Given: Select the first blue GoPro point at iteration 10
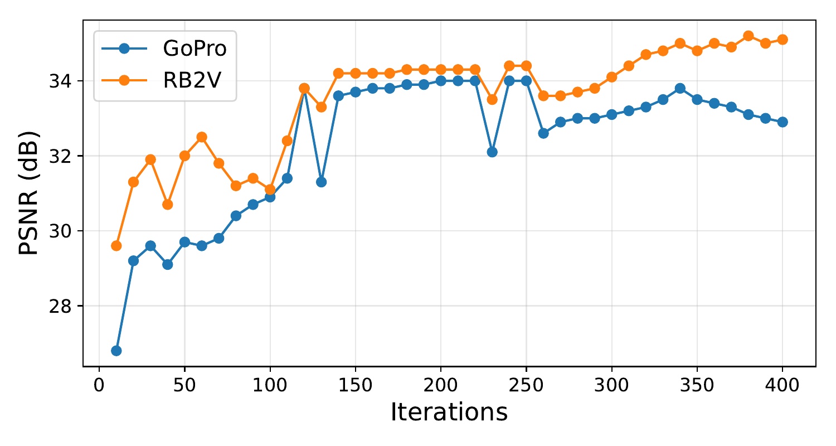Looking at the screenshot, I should pyautogui.click(x=116, y=351).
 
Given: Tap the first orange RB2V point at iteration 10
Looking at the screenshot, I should pyautogui.click(x=116, y=245).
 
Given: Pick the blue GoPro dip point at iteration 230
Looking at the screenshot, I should pyautogui.click(x=492, y=152).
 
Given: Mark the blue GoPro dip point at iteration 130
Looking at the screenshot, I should pyautogui.click(x=321, y=182).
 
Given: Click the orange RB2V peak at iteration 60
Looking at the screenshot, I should pyautogui.click(x=202, y=137).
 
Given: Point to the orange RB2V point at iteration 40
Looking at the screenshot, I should pyautogui.click(x=167, y=205).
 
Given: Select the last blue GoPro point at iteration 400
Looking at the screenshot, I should pyautogui.click(x=782, y=122).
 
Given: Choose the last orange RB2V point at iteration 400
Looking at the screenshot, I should pyautogui.click(x=782, y=39).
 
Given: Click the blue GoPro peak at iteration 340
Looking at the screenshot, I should pyautogui.click(x=680, y=88).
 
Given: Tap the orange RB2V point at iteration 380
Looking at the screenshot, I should pyautogui.click(x=748, y=36).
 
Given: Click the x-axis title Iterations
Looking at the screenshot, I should pyautogui.click(x=449, y=413).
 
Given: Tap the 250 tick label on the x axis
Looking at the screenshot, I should pyautogui.click(x=526, y=385).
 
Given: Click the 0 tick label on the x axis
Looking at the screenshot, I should pyautogui.click(x=99, y=385).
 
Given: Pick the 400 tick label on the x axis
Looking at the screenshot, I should pyautogui.click(x=782, y=385).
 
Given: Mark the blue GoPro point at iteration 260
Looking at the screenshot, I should pyautogui.click(x=543, y=133).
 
